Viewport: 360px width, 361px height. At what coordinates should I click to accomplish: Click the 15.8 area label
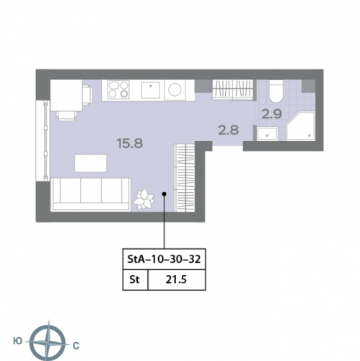(130, 143)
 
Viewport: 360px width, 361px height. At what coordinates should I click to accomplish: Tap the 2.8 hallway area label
(228, 130)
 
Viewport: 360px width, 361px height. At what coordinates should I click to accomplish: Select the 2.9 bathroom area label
(271, 114)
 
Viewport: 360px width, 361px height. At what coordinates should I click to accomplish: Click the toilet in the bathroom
(276, 92)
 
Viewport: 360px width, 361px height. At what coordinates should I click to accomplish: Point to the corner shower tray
(300, 126)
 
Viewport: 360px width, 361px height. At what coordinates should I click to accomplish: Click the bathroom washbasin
(267, 134)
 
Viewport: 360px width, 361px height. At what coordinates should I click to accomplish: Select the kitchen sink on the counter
(151, 90)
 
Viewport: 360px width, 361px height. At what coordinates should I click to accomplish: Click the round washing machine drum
(175, 90)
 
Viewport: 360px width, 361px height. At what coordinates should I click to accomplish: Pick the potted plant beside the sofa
(144, 199)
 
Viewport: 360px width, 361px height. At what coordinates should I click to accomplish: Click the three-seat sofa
(91, 195)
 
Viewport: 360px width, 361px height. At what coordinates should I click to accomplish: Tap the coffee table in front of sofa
(91, 163)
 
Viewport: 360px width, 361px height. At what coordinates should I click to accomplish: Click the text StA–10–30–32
(164, 259)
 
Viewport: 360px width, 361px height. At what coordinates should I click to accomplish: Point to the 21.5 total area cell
(176, 279)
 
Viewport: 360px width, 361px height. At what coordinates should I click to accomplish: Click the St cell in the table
(134, 279)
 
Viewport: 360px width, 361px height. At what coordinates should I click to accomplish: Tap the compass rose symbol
(49, 342)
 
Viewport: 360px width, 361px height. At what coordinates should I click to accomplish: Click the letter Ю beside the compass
(18, 341)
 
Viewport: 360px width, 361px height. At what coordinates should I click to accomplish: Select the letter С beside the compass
(76, 346)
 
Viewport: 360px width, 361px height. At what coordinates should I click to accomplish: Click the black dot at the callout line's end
(164, 193)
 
